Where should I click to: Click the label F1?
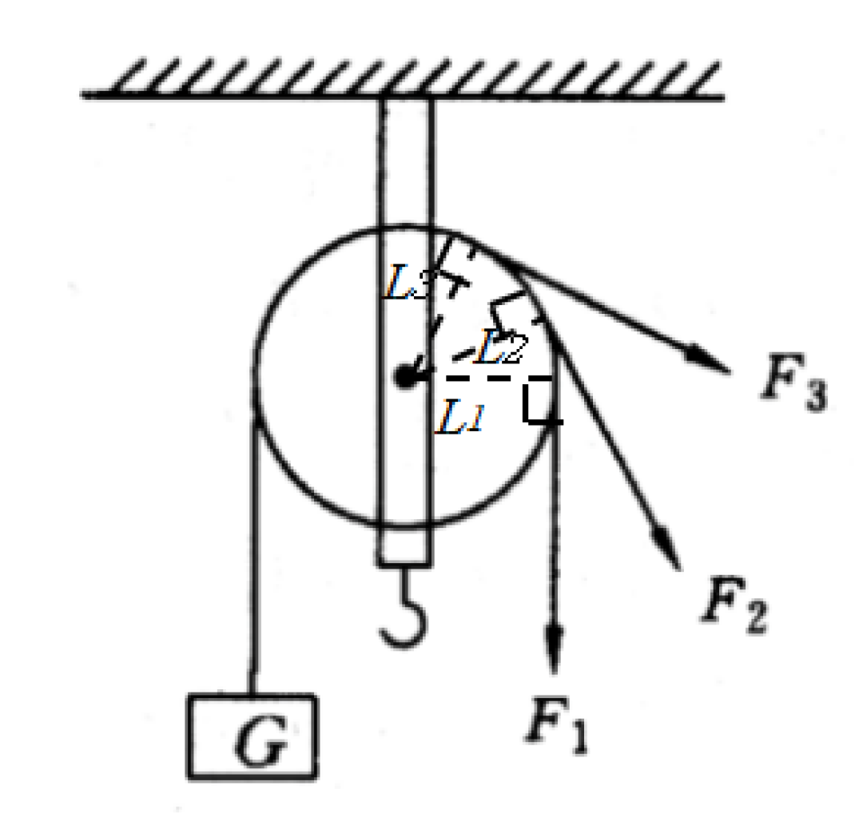click(556, 725)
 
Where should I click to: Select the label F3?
click(794, 383)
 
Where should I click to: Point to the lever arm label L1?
click(459, 417)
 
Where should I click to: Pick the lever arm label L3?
click(406, 282)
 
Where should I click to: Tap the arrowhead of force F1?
click(554, 649)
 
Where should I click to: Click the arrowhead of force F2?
click(666, 546)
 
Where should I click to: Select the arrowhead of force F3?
click(706, 360)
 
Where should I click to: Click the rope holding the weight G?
click(253, 556)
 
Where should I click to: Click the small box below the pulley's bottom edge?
click(404, 545)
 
